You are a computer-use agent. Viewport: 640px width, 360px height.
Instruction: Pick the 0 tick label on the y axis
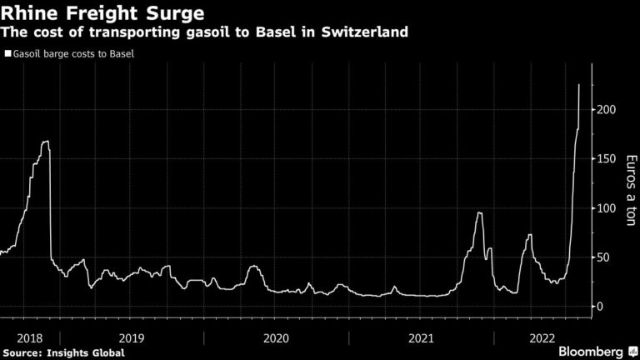pyautogui.click(x=598, y=307)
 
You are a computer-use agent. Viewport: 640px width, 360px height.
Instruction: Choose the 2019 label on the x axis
pyautogui.click(x=131, y=337)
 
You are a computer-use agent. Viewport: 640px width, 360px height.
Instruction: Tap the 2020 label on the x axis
pyautogui.click(x=276, y=337)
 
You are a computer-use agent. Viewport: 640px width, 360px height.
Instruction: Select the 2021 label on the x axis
pyautogui.click(x=421, y=337)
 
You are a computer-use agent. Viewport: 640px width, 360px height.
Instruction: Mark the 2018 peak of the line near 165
pyautogui.click(x=46, y=142)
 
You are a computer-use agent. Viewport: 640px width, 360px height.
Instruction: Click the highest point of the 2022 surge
pyautogui.click(x=579, y=85)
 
